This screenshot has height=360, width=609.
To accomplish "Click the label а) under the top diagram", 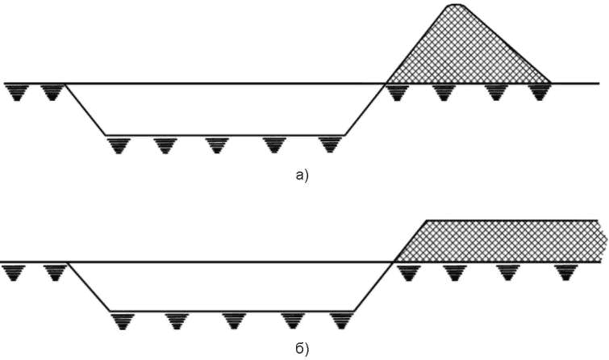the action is click(302, 176).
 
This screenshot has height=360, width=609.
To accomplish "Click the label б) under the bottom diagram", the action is click(302, 350).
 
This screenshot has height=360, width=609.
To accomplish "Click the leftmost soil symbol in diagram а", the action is click(16, 93).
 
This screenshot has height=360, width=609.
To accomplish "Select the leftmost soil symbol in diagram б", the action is click(14, 273).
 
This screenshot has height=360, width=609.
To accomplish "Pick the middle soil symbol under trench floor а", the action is click(217, 145).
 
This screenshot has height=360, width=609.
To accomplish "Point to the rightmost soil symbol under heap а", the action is click(540, 93).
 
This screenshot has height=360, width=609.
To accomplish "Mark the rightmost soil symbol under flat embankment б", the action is click(566, 273).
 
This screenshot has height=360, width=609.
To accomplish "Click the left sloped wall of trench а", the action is click(85, 110).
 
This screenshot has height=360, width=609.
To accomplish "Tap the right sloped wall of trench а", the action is click(365, 110).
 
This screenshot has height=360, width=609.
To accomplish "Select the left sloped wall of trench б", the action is click(90, 287).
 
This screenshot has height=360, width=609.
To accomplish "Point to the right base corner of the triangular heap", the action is click(551, 83).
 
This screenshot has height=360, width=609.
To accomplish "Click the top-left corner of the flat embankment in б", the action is click(427, 221).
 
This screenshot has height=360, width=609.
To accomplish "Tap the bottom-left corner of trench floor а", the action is click(106, 136).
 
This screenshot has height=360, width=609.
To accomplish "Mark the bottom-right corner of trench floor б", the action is click(354, 311).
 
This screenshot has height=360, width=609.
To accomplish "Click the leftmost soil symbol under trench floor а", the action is click(119, 145).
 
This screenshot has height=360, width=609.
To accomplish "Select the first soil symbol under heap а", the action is click(397, 93).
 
